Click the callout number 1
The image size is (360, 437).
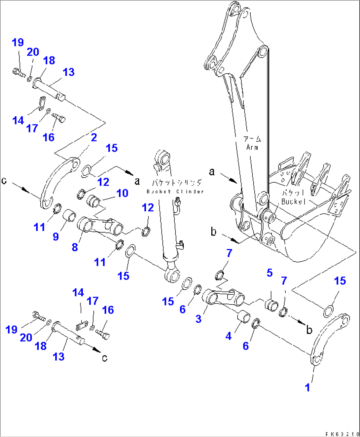point(307,387)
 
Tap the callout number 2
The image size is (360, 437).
point(94,137)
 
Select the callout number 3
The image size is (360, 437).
point(198,319)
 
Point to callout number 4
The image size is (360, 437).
point(229,336)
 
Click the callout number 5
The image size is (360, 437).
point(270,273)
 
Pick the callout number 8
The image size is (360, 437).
point(75,247)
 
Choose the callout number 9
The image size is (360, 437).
point(56,236)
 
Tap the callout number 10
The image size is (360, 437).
point(122,193)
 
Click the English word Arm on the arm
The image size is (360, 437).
point(252,147)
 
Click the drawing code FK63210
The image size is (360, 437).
point(342,434)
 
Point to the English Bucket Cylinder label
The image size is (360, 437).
point(175,192)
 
